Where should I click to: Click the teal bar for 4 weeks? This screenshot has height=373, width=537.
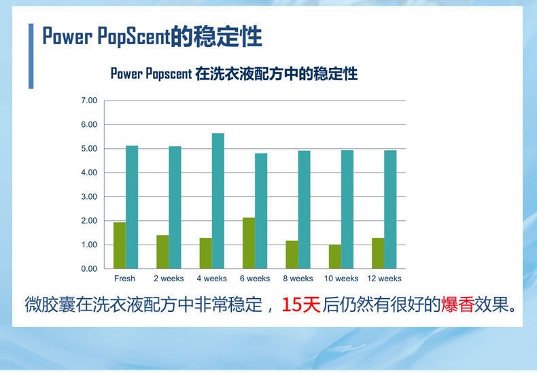pos(218,201)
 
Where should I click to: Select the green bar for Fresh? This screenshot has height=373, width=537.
pos(120,245)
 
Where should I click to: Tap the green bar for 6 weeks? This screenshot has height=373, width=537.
pos(249,243)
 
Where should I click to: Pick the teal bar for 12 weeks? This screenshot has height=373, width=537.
pos(390,209)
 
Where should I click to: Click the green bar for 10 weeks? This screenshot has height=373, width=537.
pos(335,257)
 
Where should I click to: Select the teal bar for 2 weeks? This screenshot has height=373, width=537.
pos(175,207)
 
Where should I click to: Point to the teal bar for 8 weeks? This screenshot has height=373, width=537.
pos(304,209)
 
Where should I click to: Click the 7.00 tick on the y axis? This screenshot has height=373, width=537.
pos(89,101)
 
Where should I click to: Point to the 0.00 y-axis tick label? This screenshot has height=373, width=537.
pos(89,269)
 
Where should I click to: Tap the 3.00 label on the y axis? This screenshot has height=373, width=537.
pos(89,197)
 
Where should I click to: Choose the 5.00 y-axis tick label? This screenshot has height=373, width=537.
pos(89,149)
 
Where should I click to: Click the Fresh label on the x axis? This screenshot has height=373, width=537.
pos(124,279)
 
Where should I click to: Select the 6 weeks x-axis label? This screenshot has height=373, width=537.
pos(255,279)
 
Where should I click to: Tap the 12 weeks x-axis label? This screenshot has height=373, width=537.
pos(384,279)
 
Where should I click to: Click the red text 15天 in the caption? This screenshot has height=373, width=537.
pos(301,304)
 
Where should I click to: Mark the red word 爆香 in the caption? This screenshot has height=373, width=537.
pos(457,304)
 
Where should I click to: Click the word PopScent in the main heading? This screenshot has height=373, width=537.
pos(134,37)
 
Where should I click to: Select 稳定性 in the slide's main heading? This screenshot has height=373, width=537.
pos(228,36)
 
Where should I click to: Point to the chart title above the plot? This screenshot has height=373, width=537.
pos(235,73)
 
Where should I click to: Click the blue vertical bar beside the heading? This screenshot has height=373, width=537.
pos(31,56)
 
